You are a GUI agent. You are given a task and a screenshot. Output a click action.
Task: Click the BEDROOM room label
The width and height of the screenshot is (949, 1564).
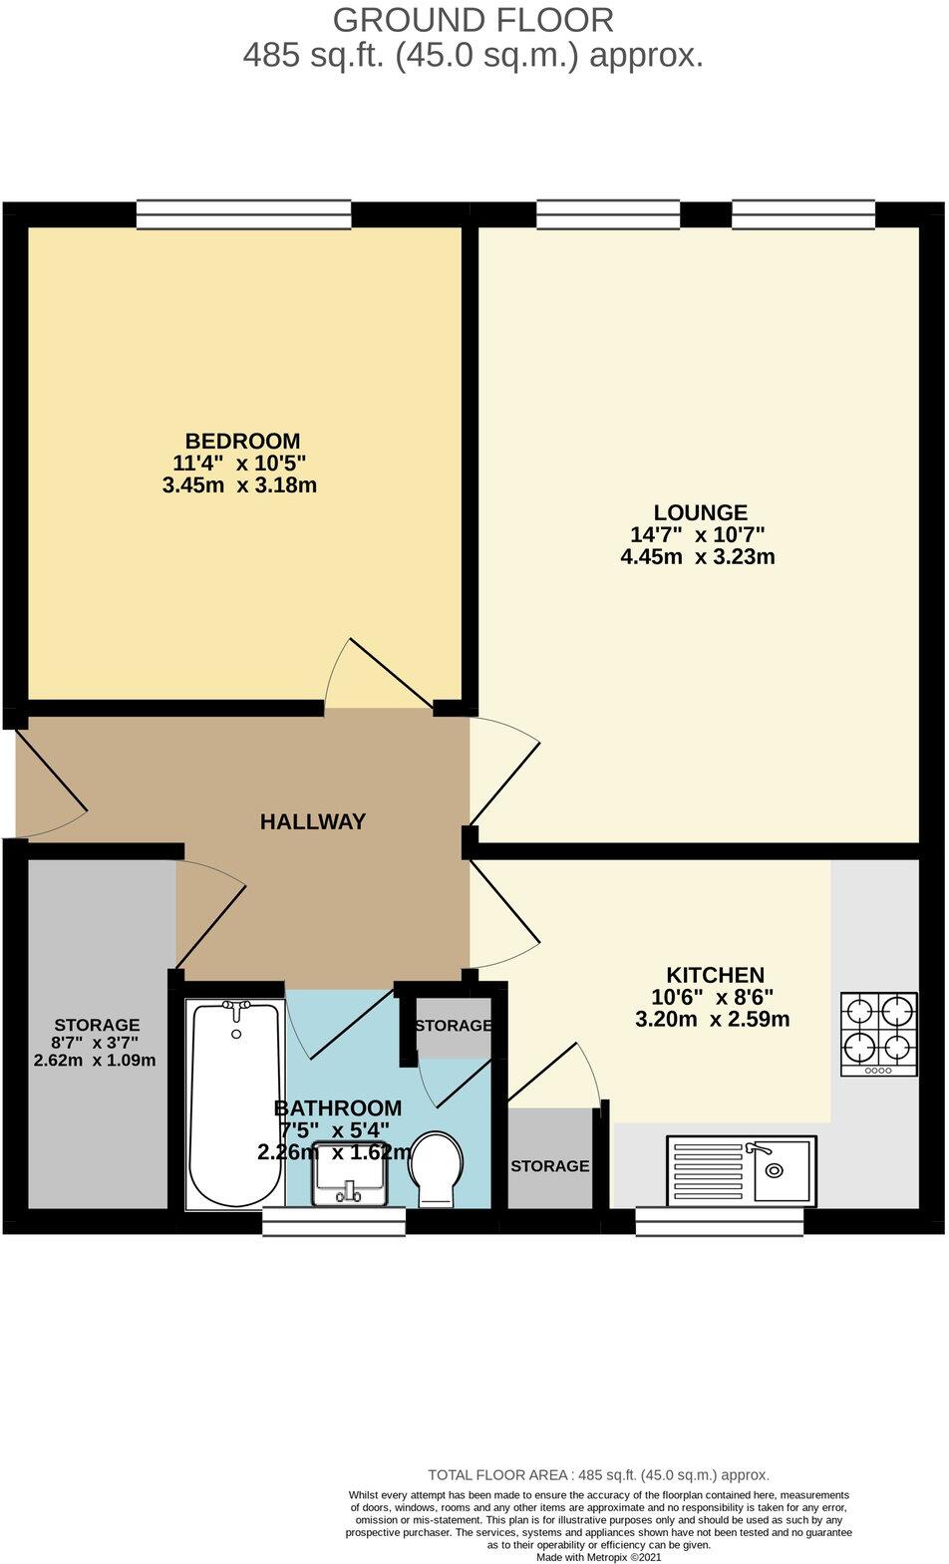[x=242, y=441]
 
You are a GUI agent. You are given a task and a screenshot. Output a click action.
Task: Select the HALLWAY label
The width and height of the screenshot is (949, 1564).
[x=312, y=821]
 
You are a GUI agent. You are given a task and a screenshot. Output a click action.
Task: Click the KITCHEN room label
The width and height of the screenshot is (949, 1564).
[x=715, y=975]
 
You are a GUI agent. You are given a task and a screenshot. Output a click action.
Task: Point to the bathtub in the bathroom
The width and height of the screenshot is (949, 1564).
[x=235, y=1104]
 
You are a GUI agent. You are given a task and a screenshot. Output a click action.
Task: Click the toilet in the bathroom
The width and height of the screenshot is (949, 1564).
[x=437, y=1169]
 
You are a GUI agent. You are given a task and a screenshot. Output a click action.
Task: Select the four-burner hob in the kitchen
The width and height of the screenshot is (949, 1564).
[x=879, y=1034]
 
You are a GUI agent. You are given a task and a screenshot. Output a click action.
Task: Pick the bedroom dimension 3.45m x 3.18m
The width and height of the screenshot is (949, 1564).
[x=239, y=485]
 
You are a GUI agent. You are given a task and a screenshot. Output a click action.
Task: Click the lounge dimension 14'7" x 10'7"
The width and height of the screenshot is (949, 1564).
[x=698, y=534]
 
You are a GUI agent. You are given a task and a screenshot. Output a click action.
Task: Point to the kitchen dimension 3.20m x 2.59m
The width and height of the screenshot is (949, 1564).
[x=712, y=1019]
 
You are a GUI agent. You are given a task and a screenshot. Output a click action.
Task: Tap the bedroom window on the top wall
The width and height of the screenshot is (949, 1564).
[x=243, y=213]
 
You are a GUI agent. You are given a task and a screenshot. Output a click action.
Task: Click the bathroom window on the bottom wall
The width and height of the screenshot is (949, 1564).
[x=334, y=1221]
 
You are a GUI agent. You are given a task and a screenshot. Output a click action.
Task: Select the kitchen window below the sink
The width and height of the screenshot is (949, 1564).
[x=720, y=1221]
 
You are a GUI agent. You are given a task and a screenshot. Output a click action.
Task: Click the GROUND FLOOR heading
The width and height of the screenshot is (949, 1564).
[x=474, y=19]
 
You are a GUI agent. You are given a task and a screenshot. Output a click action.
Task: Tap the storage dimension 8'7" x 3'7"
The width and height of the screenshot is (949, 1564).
[x=96, y=1043]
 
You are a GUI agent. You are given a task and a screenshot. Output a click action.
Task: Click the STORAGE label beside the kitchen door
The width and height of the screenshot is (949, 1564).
[x=550, y=1165]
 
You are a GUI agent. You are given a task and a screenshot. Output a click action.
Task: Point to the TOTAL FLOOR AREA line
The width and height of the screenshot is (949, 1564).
[x=598, y=1474]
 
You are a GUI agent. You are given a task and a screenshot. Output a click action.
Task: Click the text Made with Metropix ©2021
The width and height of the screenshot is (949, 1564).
[x=598, y=1556]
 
